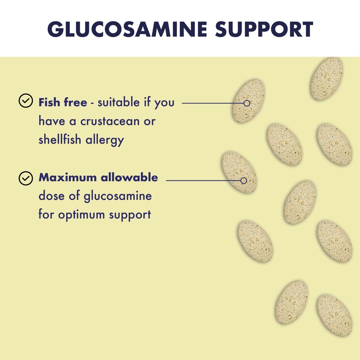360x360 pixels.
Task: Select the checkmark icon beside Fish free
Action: (25, 101)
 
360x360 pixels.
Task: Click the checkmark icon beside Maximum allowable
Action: (25, 178)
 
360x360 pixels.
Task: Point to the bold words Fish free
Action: (63, 102)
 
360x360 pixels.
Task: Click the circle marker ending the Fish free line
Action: (246, 103)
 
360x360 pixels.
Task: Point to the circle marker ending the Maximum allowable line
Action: (243, 180)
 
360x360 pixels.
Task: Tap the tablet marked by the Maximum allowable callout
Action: (239, 172)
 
